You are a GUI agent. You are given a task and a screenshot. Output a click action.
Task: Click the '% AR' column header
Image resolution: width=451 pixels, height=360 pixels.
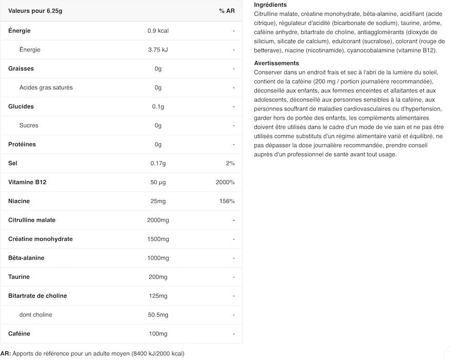point(227,11)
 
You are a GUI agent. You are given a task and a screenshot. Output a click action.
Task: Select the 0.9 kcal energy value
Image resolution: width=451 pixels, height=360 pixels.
point(158,31)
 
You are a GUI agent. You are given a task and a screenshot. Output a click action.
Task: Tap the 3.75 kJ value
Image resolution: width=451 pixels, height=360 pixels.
point(158,50)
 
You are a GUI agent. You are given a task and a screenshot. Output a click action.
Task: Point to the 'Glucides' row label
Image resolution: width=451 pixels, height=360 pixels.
point(21,106)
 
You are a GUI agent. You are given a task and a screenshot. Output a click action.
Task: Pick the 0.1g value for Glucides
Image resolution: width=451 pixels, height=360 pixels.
point(158,106)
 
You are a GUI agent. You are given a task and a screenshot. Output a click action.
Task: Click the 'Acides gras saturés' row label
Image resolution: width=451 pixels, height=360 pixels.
point(46,87)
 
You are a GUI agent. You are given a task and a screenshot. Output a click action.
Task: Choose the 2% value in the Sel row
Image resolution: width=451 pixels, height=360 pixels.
point(230,164)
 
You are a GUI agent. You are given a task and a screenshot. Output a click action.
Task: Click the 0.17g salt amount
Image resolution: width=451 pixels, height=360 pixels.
point(158,164)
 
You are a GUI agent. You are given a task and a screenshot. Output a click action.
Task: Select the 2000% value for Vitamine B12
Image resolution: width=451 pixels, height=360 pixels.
point(225,183)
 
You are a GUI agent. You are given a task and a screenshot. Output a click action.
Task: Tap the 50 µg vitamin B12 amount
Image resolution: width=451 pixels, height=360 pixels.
point(158,183)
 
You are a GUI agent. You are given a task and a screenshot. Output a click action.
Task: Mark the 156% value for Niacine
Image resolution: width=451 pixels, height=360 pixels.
point(227,201)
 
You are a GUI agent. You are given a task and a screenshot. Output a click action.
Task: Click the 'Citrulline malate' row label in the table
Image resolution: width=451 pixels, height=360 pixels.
point(32,220)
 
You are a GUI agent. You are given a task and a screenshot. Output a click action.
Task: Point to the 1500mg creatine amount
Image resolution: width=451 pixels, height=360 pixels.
point(158,239)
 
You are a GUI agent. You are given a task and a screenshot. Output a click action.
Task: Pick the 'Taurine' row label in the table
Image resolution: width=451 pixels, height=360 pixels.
point(19,277)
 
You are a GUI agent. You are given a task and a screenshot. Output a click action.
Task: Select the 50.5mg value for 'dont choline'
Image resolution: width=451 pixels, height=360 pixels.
point(158,315)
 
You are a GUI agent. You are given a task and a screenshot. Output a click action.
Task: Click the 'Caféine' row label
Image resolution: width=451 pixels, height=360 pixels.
point(19,334)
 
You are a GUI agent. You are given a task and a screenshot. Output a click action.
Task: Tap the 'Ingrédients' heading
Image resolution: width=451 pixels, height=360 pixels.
point(270,5)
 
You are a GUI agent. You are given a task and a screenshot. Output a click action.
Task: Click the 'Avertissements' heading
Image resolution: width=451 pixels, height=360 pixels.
point(276,63)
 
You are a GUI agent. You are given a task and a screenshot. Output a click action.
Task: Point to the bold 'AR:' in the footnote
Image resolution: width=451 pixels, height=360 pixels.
point(5,353)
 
